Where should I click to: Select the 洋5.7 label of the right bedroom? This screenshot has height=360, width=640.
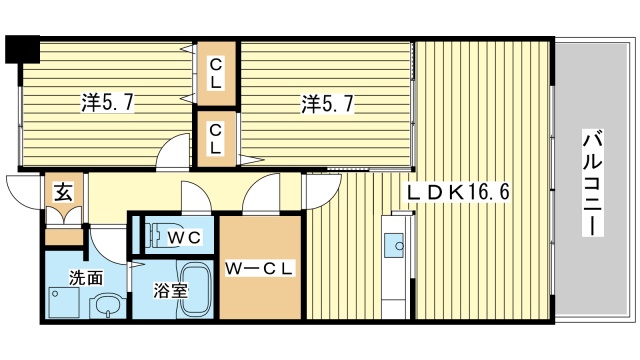coord(324,102)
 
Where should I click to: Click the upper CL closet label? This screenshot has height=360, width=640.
coord(215,74)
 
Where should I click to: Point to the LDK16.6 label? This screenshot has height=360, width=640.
coord(458,191)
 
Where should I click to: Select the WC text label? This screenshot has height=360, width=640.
coord(184,238)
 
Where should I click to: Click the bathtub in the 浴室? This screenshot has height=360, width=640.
coord(196,290)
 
